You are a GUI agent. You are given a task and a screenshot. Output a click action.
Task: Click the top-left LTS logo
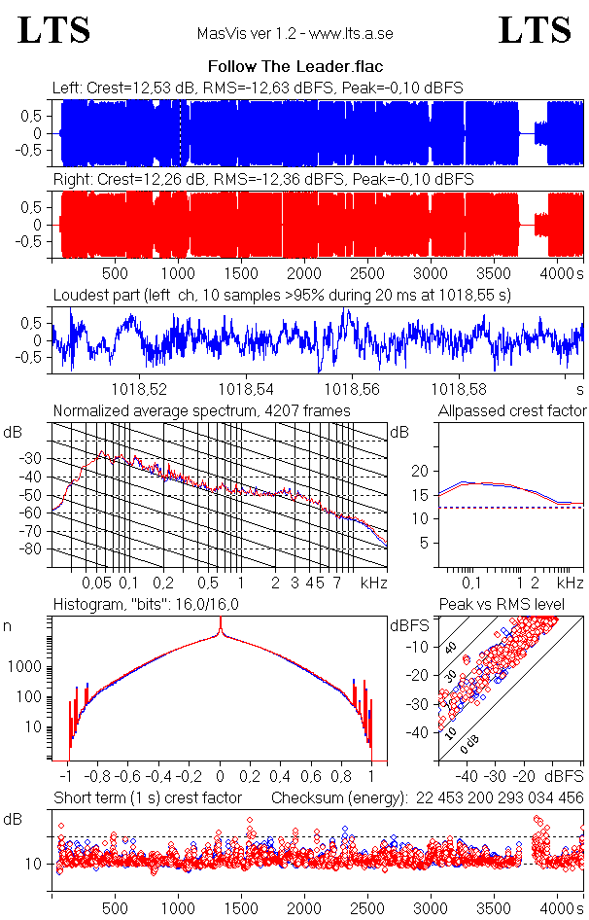[54, 30]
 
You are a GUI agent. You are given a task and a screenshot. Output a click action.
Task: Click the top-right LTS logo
[535, 30]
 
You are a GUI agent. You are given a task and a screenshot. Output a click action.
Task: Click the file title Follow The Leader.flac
[294, 67]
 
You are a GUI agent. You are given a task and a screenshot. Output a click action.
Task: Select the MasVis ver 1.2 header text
[294, 34]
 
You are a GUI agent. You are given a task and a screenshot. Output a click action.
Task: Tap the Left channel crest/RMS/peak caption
[258, 88]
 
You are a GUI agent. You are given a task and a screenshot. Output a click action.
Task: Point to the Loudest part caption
[282, 294]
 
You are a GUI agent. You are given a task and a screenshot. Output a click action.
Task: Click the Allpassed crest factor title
[512, 411]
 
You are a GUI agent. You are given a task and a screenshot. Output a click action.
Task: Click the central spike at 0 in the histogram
[220, 642]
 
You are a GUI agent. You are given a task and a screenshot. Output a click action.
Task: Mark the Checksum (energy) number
[498, 798]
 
